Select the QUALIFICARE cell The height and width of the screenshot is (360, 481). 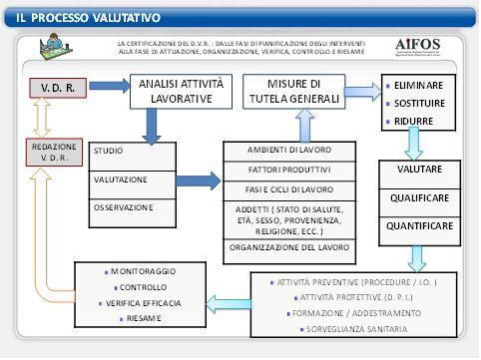pos(419,198)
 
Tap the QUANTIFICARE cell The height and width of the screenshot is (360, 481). pos(419,226)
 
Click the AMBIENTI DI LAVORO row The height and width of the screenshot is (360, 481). pos(289,150)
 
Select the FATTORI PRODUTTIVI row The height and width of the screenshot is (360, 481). pos(289,170)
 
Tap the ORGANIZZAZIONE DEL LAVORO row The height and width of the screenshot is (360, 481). pos(289,246)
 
